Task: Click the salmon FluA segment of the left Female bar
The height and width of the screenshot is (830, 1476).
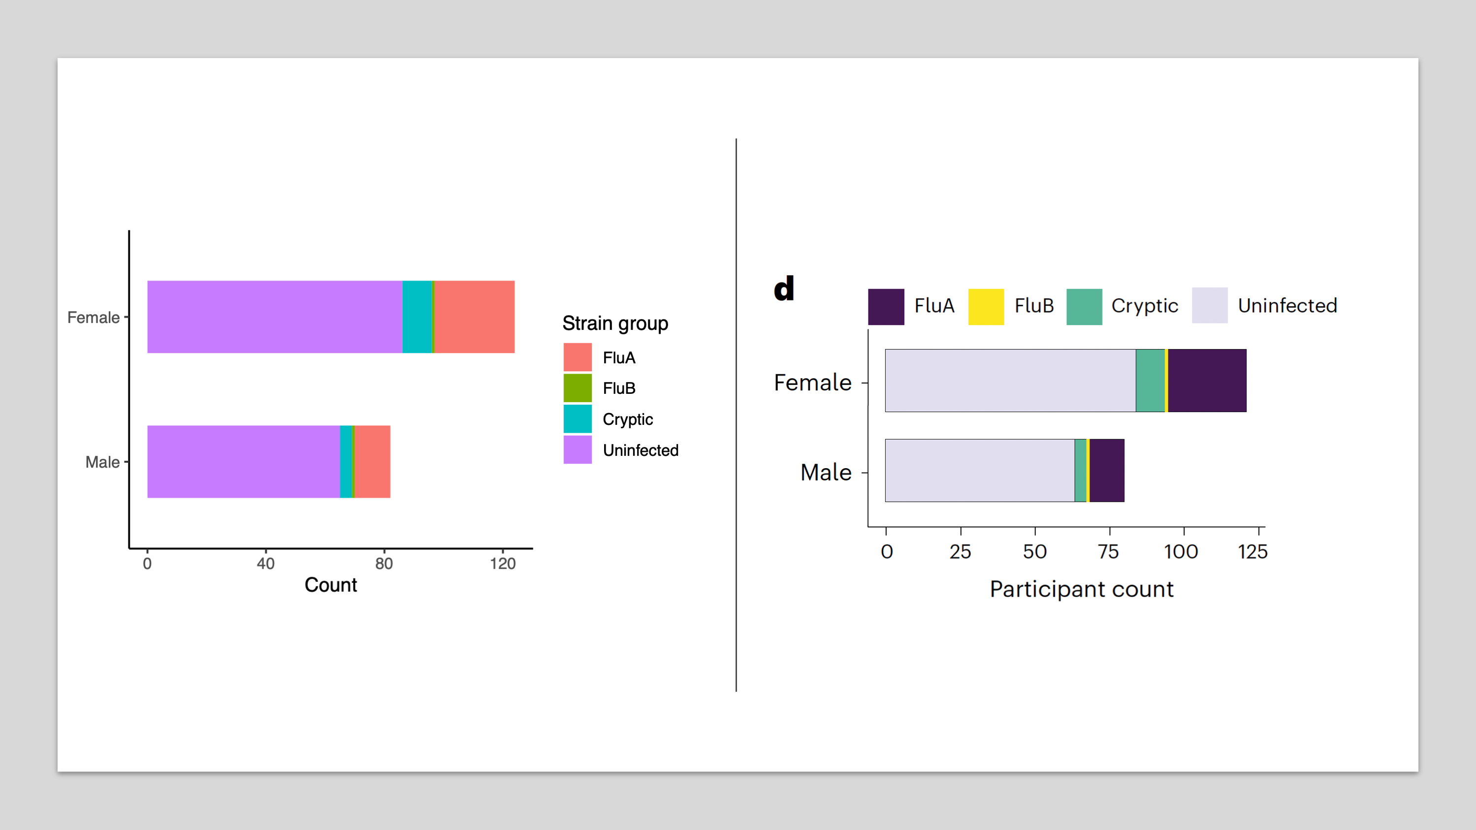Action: [x=475, y=317]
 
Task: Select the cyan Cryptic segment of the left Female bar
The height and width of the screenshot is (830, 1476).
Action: [x=417, y=317]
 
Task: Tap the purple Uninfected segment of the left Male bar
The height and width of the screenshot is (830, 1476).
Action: [x=244, y=462]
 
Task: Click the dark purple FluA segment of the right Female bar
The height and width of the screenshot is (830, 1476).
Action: [x=1207, y=381]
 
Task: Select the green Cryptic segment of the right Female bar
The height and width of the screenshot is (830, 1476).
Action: [x=1150, y=381]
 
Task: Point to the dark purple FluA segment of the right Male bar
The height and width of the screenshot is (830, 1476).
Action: [x=1106, y=470]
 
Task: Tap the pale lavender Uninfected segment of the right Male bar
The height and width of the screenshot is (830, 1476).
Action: [x=980, y=470]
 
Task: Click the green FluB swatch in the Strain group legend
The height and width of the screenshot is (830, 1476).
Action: [x=578, y=388]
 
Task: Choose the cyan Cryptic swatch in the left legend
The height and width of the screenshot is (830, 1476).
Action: [x=578, y=419]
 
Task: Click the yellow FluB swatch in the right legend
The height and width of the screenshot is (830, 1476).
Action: [x=986, y=307]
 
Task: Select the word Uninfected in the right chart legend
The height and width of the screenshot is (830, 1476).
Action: [x=1287, y=306]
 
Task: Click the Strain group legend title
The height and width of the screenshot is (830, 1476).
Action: [x=615, y=323]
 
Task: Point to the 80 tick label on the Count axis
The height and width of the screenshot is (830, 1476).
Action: [x=384, y=564]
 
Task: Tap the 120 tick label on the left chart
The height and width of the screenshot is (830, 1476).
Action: [x=503, y=564]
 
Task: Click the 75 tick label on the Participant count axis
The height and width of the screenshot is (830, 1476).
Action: [x=1108, y=552]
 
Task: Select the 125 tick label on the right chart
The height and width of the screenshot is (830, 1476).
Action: [x=1252, y=552]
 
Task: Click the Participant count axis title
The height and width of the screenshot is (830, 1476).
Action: [x=1081, y=589]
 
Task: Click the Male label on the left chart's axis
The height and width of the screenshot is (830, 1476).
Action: [x=102, y=462]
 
